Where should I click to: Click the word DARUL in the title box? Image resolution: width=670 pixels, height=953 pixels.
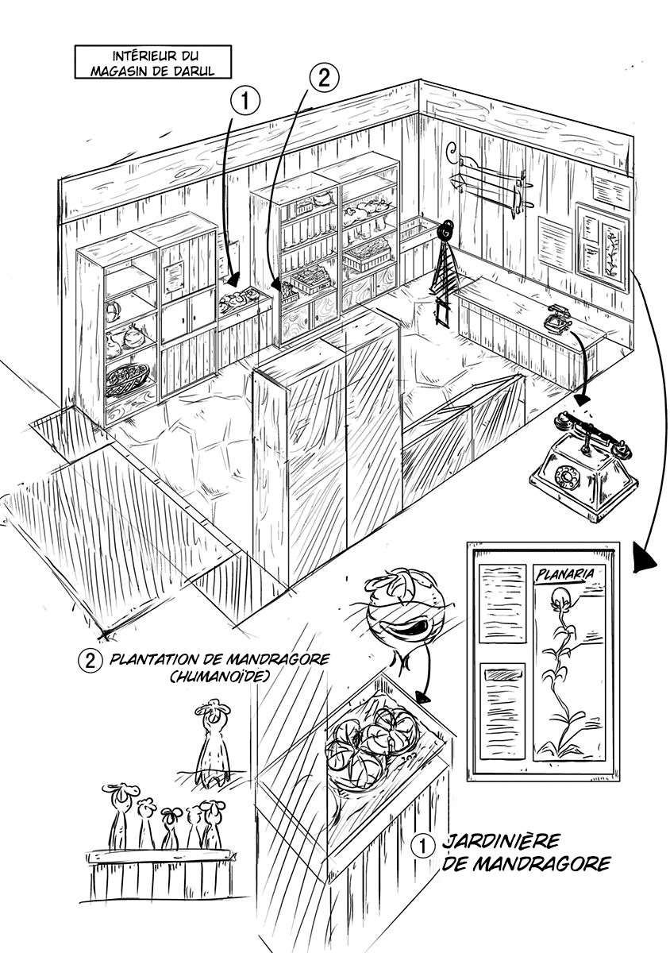193,71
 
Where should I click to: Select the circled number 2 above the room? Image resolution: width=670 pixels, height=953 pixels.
324,79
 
